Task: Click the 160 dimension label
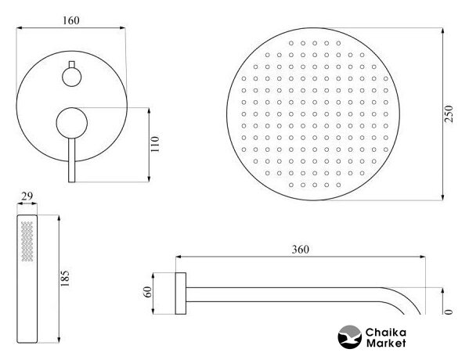[71, 20]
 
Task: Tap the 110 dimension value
[155, 144]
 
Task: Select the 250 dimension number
[449, 113]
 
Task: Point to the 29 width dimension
[27, 196]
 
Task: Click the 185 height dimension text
[65, 279]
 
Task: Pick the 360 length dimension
[301, 250]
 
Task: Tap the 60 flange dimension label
[148, 292]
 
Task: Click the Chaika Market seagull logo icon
[350, 337]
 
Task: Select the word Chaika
[386, 332]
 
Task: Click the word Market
[386, 343]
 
